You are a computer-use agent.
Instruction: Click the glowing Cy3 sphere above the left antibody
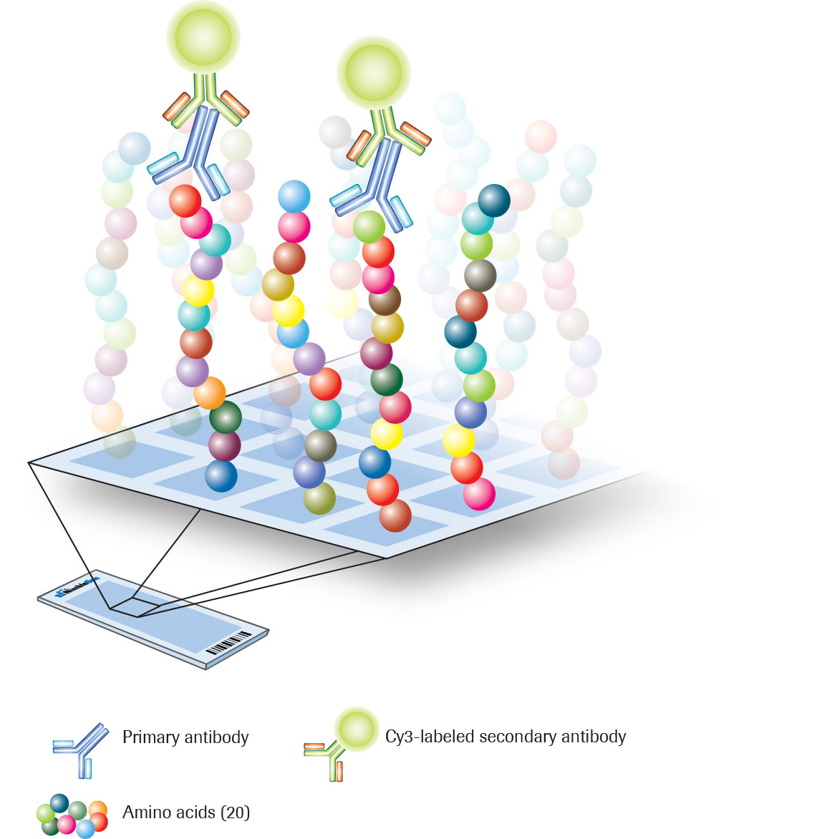tap(203, 37)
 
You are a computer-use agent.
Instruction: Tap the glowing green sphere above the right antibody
tap(374, 72)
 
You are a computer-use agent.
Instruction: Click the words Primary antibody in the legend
tap(185, 737)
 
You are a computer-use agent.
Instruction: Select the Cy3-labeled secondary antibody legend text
tap(506, 737)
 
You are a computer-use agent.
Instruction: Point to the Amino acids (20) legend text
tap(186, 813)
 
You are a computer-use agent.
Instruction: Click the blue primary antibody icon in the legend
tap(82, 749)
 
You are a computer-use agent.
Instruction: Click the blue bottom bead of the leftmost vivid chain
tap(221, 476)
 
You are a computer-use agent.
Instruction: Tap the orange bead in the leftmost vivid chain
tap(210, 392)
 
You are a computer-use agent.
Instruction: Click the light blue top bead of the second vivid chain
tap(294, 196)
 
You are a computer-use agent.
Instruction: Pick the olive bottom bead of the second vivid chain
tap(319, 498)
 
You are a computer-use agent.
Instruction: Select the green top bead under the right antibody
tap(369, 226)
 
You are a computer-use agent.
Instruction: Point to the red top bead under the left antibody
tap(185, 200)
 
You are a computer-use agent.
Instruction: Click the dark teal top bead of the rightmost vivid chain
tap(494, 200)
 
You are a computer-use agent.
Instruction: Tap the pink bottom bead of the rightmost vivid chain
tap(479, 494)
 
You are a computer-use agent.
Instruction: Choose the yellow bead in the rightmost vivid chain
tap(458, 440)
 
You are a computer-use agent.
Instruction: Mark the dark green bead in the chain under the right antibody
tap(387, 379)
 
